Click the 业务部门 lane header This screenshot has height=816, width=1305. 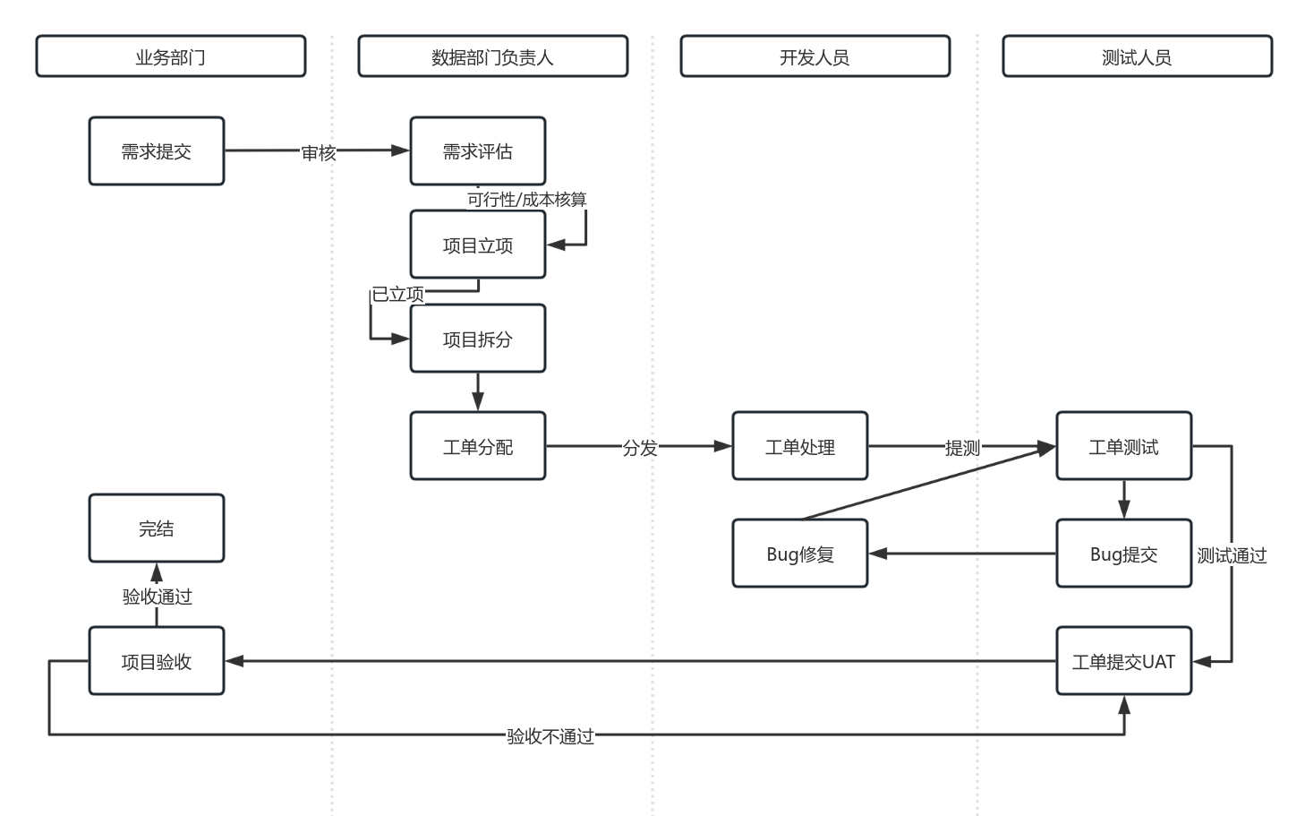coord(170,56)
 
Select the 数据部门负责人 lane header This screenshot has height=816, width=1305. coord(492,56)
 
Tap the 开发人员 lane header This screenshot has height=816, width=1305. coord(815,56)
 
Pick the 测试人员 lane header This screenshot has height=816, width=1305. coord(1137,56)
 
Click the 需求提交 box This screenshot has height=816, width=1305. coord(157,151)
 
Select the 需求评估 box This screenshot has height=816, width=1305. coord(478,151)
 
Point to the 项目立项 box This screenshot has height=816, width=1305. coord(478,245)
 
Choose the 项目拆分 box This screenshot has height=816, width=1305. coord(478,339)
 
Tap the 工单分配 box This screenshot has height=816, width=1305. coord(478,446)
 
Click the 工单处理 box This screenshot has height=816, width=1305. coord(800,446)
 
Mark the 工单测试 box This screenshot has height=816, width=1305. coord(1123,446)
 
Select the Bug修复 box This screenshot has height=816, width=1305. coord(800,554)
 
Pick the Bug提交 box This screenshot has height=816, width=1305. coord(1123,554)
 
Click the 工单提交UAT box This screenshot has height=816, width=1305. coord(1123,661)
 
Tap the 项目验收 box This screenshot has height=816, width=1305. coord(157,661)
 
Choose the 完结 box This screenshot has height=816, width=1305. coord(157,528)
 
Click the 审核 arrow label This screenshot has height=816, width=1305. coord(318,153)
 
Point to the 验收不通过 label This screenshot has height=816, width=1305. coord(550,736)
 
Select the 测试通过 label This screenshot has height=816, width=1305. coord(1232,555)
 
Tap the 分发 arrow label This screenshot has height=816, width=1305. coord(640,448)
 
